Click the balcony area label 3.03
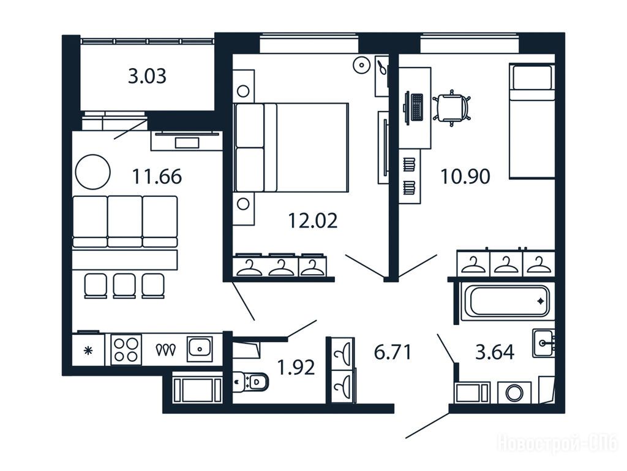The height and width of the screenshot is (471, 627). tap(147, 76)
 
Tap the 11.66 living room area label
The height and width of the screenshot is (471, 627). tap(157, 176)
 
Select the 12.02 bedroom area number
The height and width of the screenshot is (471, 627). tap(313, 221)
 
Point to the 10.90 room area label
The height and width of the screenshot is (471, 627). tap(465, 176)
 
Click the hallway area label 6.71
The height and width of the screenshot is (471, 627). tap(392, 352)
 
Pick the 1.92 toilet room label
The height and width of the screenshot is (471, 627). tap(296, 367)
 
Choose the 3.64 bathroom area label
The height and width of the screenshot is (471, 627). tap(495, 352)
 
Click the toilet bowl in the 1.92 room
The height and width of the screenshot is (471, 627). tap(250, 381)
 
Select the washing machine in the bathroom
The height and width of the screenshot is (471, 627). tap(514, 392)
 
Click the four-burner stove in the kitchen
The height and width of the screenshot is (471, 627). tap(126, 350)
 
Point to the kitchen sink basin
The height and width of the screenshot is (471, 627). tap(200, 349)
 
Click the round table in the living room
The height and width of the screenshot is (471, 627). tap(93, 172)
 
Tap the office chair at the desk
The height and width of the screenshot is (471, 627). tap(451, 108)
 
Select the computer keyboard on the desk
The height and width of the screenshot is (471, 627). tap(417, 107)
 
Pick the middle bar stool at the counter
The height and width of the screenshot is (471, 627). tap(124, 286)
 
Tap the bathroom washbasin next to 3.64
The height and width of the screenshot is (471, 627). tap(543, 343)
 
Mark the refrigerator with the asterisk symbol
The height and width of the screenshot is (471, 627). tap(88, 350)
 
